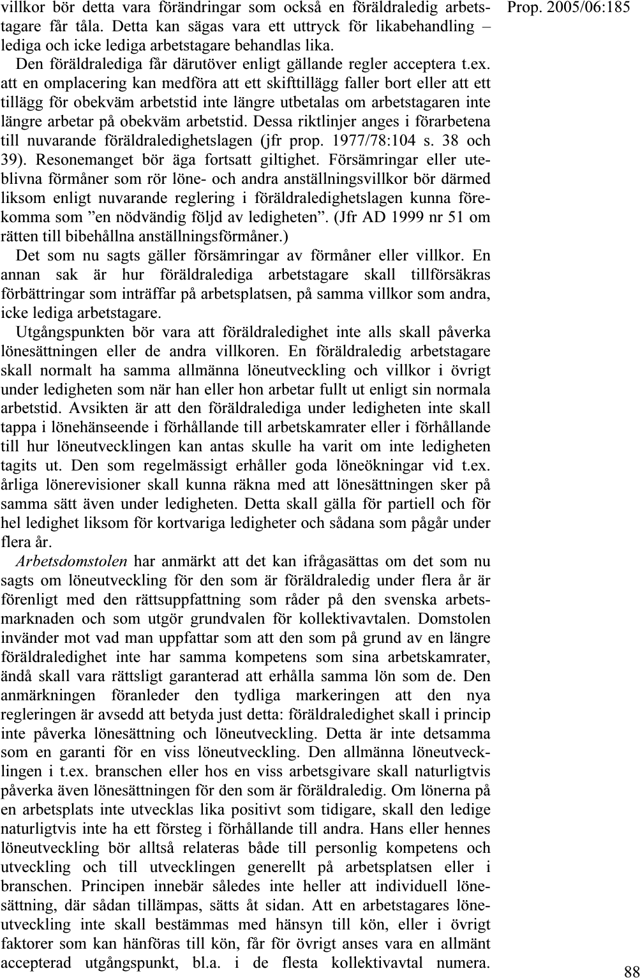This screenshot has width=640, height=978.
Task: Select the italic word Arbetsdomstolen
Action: (72, 562)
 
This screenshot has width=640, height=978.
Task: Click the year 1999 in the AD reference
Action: (391, 217)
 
